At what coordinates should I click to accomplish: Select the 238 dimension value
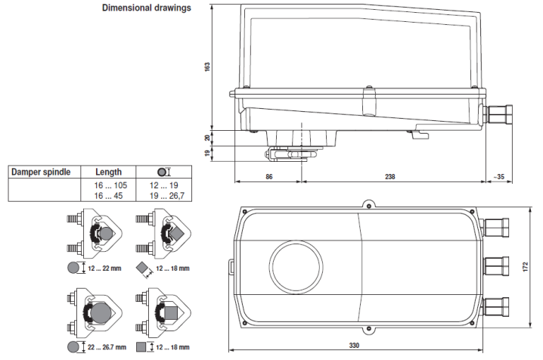pos(390,176)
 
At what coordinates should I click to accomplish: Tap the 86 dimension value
pos(269,176)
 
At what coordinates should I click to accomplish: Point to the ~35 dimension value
pos(498,176)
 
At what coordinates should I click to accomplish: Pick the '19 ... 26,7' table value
pos(165,195)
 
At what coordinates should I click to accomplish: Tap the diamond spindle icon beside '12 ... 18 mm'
pos(143,268)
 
